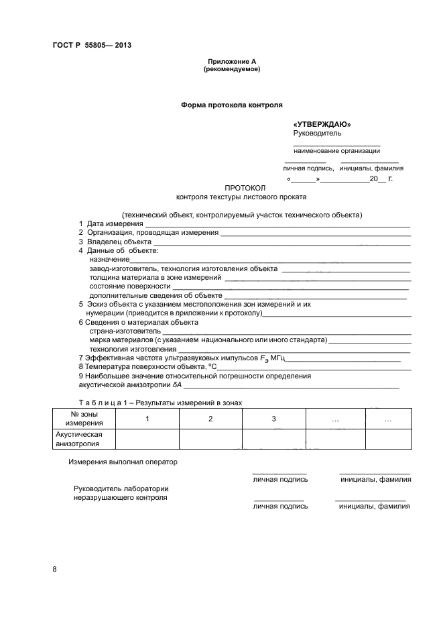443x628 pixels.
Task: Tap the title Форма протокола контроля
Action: (231, 105)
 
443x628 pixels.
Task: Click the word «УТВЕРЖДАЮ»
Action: (322, 125)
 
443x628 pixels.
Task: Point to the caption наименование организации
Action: (336, 151)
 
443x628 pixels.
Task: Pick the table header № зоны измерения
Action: (84, 419)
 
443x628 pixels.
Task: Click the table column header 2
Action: (210, 419)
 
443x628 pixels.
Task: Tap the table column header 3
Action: (273, 419)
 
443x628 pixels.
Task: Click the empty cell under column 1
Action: (147, 439)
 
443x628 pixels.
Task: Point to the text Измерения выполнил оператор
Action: (123, 462)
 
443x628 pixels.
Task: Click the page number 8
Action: (54, 570)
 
